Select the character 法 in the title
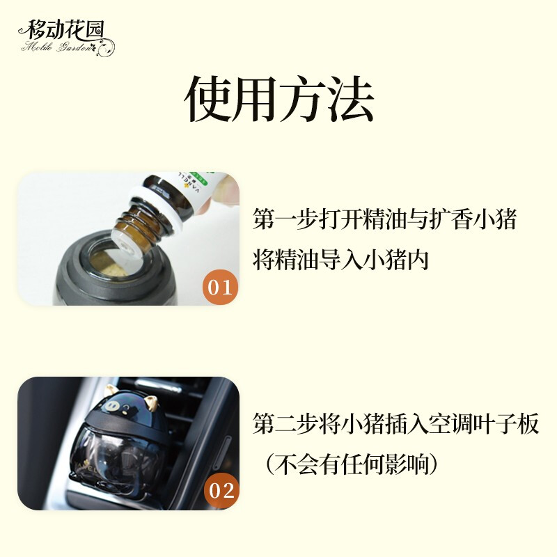tap(350, 99)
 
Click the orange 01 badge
tap(220, 287)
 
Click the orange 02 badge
tap(221, 491)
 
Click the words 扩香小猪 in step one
tap(473, 219)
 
